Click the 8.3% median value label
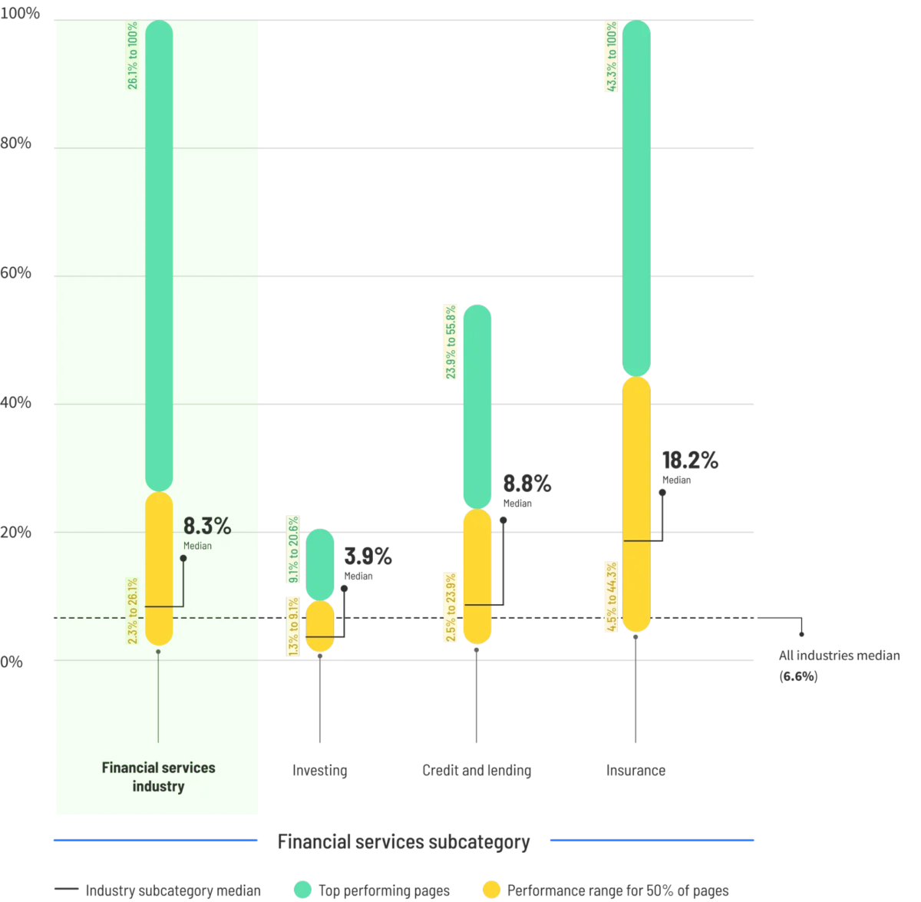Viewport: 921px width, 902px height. click(x=206, y=527)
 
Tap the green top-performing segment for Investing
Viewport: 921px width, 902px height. click(x=320, y=563)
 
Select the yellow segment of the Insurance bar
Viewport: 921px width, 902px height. click(x=635, y=503)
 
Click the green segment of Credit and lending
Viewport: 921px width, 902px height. click(x=477, y=407)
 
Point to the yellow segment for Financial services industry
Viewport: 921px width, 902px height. click(x=159, y=568)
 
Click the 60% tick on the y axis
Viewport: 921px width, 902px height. click(x=16, y=274)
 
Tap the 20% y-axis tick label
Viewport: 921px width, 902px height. click(x=16, y=531)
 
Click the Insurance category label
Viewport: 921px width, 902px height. click(x=635, y=771)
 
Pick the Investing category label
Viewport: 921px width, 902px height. click(x=320, y=771)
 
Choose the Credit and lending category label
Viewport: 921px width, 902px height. click(x=477, y=771)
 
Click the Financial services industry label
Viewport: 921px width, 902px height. click(x=159, y=776)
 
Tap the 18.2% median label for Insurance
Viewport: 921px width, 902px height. click(x=689, y=461)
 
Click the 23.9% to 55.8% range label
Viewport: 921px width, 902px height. click(x=451, y=342)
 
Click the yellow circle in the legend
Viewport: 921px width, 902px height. click(x=491, y=890)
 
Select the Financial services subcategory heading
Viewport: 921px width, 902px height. click(x=403, y=842)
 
